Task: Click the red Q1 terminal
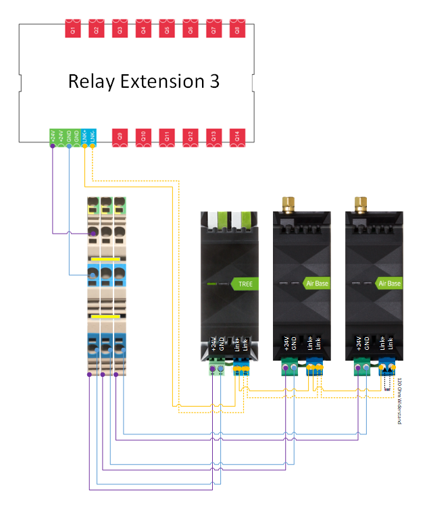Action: point(73,29)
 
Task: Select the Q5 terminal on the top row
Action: point(166,29)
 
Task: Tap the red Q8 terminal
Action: point(236,29)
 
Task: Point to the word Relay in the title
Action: point(91,82)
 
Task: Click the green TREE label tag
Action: point(243,284)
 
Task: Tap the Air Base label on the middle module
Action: point(316,284)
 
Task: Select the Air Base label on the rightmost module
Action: point(388,284)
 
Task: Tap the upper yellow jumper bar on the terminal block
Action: point(106,258)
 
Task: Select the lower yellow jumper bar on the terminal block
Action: point(106,315)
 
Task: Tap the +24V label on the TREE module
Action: point(213,344)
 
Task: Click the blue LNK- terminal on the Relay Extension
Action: point(93,136)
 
